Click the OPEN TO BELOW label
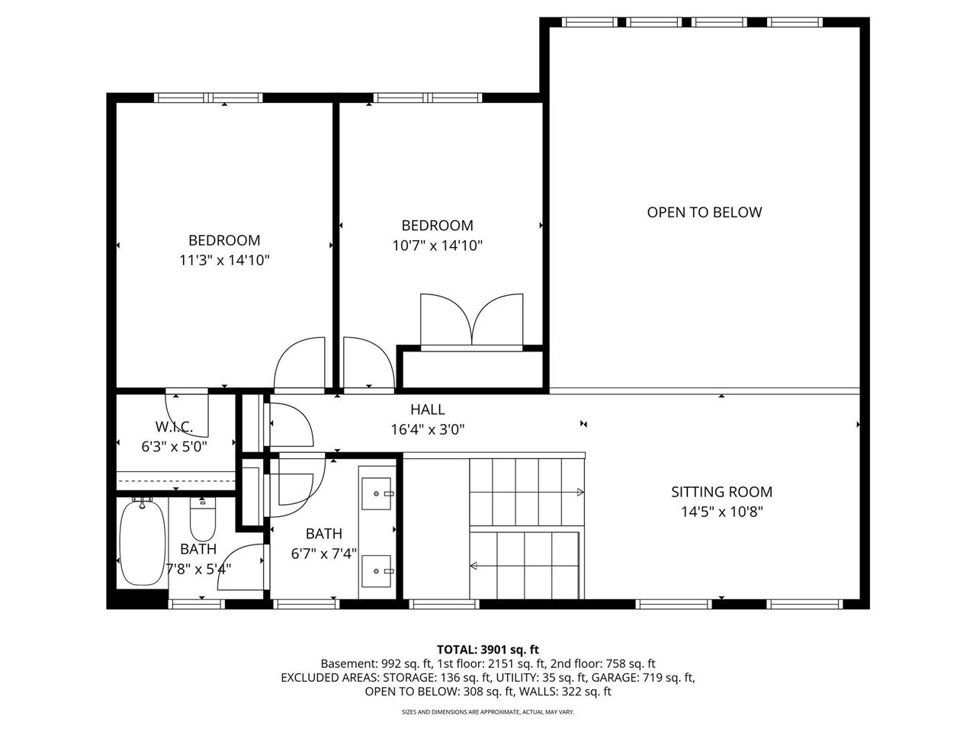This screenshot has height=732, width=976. [704, 213]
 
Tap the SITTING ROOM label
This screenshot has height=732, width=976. [721, 492]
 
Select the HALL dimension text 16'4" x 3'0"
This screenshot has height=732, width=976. [427, 429]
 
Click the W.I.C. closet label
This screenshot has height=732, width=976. [174, 427]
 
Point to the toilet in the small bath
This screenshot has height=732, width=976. [202, 518]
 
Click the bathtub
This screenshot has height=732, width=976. [143, 542]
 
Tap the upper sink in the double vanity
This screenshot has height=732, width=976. [377, 493]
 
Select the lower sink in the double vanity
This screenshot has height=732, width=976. [377, 571]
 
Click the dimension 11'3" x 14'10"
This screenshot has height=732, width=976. [224, 260]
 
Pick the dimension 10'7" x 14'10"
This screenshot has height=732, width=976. [437, 246]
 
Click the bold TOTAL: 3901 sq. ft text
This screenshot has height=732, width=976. [488, 650]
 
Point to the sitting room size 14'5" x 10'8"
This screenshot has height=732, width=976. [721, 512]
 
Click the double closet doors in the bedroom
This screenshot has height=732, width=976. [471, 320]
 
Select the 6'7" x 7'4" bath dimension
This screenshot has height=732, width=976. [324, 554]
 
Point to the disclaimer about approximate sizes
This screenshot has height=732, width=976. [488, 712]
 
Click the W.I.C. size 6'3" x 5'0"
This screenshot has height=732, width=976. [175, 446]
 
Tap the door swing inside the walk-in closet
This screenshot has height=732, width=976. [186, 413]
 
